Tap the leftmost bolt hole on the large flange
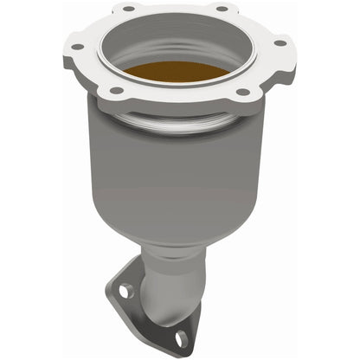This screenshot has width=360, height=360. click(76, 46)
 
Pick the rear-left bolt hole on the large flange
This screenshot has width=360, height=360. click(128, 9)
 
